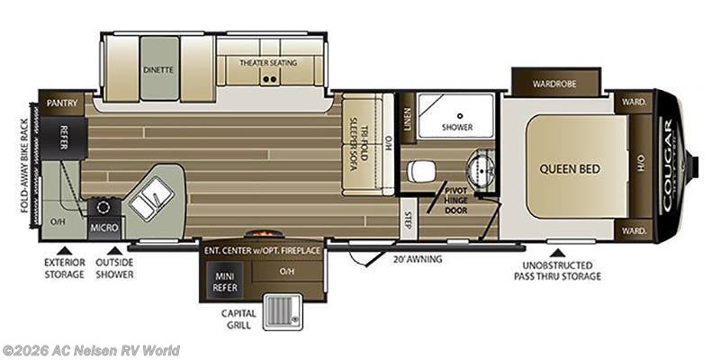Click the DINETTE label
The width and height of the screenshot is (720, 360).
(158, 68)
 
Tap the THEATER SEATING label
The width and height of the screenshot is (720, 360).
(268, 63)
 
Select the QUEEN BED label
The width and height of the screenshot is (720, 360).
(570, 168)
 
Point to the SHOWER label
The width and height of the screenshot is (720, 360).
(457, 127)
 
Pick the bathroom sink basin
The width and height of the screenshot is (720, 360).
(480, 168)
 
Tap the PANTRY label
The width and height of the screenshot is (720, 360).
(61, 103)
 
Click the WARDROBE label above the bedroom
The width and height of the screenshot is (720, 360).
(554, 85)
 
